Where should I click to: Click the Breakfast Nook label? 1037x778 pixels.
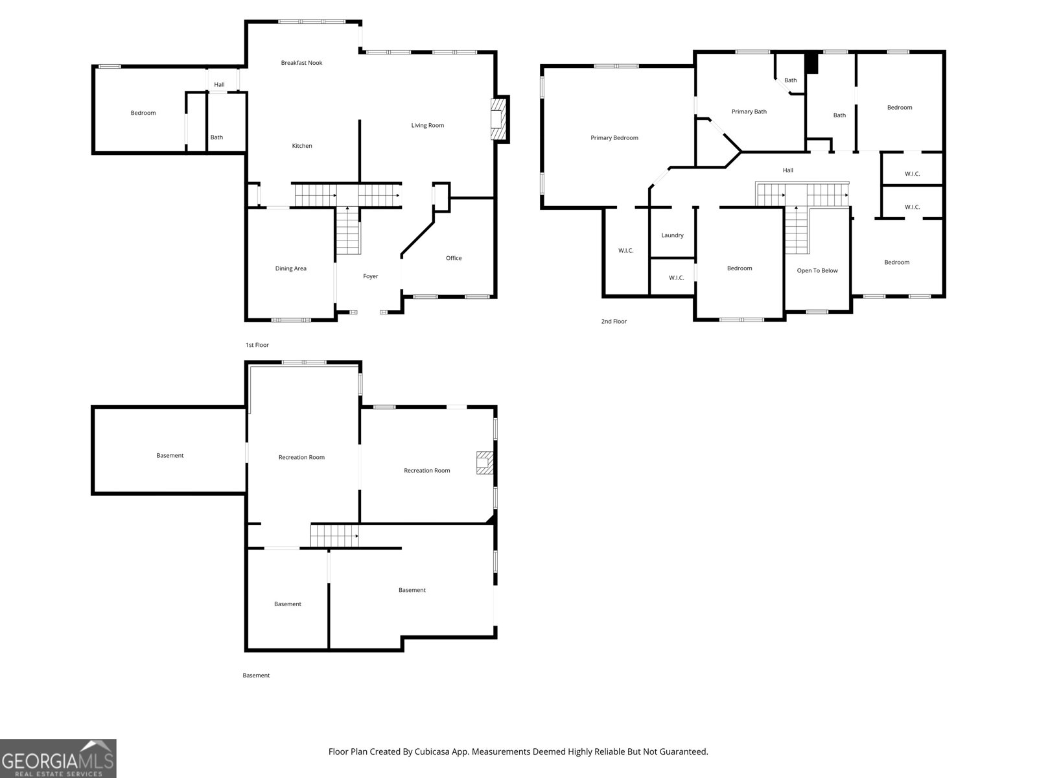click(301, 63)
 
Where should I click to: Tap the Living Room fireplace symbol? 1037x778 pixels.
click(498, 119)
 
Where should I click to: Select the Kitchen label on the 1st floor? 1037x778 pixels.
click(302, 146)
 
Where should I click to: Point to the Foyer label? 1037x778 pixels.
click(370, 276)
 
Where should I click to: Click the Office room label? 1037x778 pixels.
click(454, 258)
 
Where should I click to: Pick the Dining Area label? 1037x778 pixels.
click(290, 268)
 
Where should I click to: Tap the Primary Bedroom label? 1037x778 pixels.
click(614, 137)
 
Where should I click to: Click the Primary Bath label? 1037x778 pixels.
click(749, 112)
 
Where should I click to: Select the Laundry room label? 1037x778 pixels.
click(672, 235)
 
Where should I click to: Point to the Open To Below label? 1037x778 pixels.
click(817, 270)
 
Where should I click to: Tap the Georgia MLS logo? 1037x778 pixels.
click(58, 759)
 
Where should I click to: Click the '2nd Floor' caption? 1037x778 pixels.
click(614, 322)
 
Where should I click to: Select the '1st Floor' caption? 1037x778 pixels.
click(257, 345)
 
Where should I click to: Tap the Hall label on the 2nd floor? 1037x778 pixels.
click(787, 170)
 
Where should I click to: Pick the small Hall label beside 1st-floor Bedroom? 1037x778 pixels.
click(219, 84)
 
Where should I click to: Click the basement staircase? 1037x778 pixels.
click(334, 536)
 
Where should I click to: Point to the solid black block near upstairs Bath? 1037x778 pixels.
click(811, 63)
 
